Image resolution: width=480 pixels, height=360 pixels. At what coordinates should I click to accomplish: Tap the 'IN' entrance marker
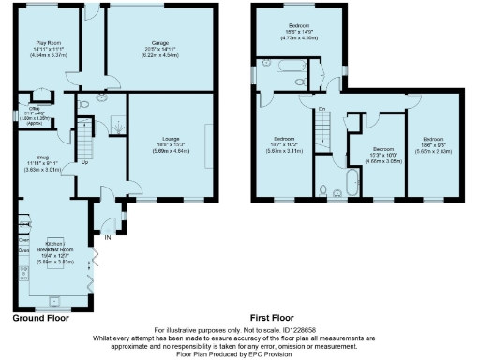(x=107, y=238)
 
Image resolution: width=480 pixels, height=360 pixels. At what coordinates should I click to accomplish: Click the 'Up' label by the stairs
(x=84, y=162)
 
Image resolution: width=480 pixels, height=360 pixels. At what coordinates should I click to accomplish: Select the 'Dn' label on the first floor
(x=321, y=110)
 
